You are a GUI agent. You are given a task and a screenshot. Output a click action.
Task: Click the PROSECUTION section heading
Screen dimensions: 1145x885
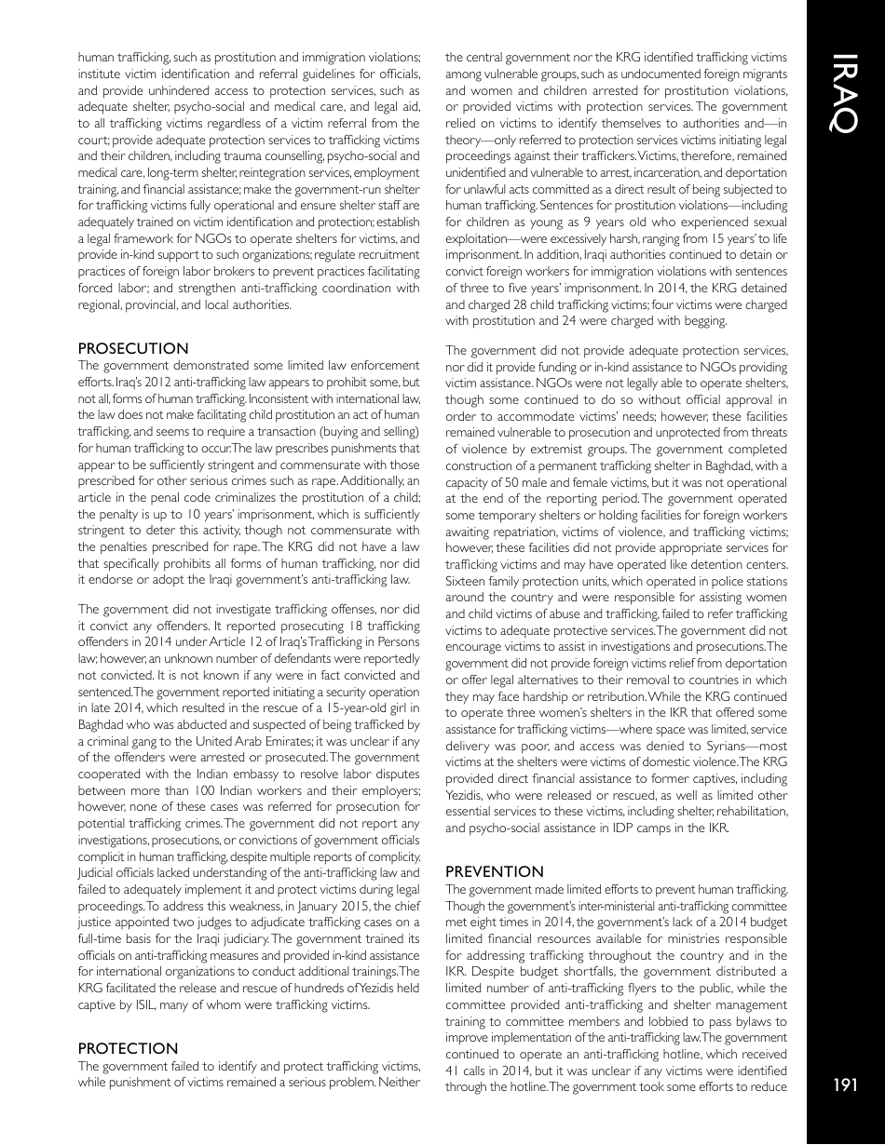tap(133, 348)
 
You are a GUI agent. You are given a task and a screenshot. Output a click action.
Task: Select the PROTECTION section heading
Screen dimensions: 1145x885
tap(128, 1048)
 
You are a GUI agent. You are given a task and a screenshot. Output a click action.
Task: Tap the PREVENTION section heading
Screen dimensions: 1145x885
tap(495, 871)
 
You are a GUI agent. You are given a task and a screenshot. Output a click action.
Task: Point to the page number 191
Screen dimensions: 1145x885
tap(844, 1084)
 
